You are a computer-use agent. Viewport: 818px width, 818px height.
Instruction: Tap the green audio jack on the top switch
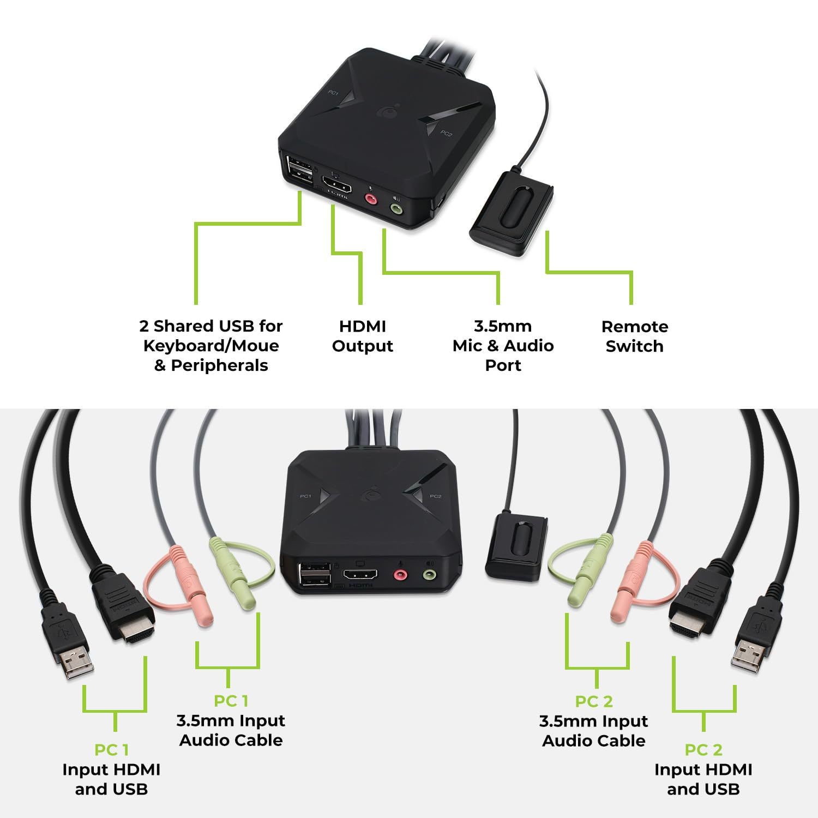tap(396, 207)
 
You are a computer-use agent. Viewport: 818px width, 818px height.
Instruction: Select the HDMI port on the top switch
tap(337, 184)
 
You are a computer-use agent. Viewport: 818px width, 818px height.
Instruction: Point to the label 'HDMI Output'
tap(363, 336)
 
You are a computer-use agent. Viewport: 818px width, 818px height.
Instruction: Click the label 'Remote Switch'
tap(634, 336)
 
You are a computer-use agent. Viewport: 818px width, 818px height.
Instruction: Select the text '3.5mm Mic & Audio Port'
tap(503, 346)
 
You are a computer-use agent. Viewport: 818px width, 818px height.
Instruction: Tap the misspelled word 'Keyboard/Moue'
tap(211, 346)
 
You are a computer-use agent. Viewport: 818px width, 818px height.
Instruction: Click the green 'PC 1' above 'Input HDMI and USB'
tap(111, 750)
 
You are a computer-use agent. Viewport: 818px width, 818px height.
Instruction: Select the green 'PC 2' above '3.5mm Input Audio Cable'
tap(594, 701)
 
